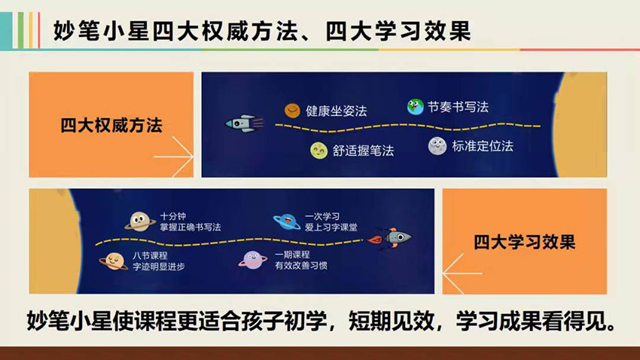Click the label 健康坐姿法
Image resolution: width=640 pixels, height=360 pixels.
click(337, 111)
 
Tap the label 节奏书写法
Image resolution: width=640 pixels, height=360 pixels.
click(458, 107)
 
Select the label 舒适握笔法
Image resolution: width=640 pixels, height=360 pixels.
click(363, 151)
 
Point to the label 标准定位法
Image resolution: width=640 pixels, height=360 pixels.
click(483, 146)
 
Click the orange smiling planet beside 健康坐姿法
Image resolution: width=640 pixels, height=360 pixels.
click(292, 110)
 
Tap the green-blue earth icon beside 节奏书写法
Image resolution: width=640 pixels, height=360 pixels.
click(415, 107)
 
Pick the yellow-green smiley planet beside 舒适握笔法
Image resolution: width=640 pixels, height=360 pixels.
click(318, 151)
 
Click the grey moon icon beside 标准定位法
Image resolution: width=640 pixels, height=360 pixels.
click(437, 146)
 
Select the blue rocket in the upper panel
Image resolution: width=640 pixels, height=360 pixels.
click(244, 124)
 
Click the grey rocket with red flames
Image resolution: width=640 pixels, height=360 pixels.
click(390, 237)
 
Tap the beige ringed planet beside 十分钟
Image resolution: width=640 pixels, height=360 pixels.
click(140, 221)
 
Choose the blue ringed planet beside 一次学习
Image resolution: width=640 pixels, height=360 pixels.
click(287, 221)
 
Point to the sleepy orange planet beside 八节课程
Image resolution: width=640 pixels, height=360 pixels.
click(114, 261)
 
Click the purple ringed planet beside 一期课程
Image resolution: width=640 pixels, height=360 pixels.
click(253, 260)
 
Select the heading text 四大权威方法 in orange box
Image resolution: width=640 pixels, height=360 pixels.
click(111, 125)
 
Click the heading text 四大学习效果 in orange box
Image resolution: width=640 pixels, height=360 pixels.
click(525, 242)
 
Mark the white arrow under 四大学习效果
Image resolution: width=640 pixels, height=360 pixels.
click(462, 273)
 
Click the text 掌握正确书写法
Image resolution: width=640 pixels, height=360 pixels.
click(190, 227)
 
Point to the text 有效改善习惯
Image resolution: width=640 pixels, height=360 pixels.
click(301, 266)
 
